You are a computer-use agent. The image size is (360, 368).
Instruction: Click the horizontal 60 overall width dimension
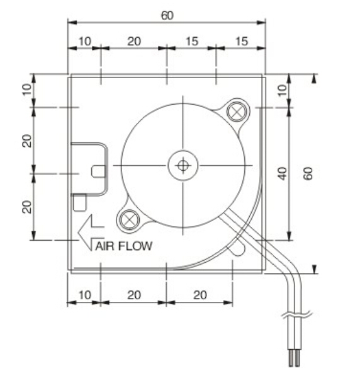166,15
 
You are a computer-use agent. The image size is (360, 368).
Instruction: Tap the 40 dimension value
283,173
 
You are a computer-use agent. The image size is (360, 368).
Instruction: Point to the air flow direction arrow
89,232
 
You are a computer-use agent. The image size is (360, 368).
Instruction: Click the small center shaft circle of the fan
183,166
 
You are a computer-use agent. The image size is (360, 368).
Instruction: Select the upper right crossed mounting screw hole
236,111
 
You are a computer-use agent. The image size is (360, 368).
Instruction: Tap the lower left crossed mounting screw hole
128,219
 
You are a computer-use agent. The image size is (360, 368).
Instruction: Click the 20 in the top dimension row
133,41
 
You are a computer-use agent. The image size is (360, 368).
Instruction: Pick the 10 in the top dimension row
84,41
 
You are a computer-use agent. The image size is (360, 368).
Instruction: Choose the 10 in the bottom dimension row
84,294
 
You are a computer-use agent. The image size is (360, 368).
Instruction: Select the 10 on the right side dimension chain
283,90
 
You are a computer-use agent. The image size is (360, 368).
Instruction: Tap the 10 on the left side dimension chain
26,90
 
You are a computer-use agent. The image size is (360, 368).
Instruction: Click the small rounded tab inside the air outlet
98,171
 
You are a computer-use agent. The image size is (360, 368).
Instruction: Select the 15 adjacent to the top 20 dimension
191,41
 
